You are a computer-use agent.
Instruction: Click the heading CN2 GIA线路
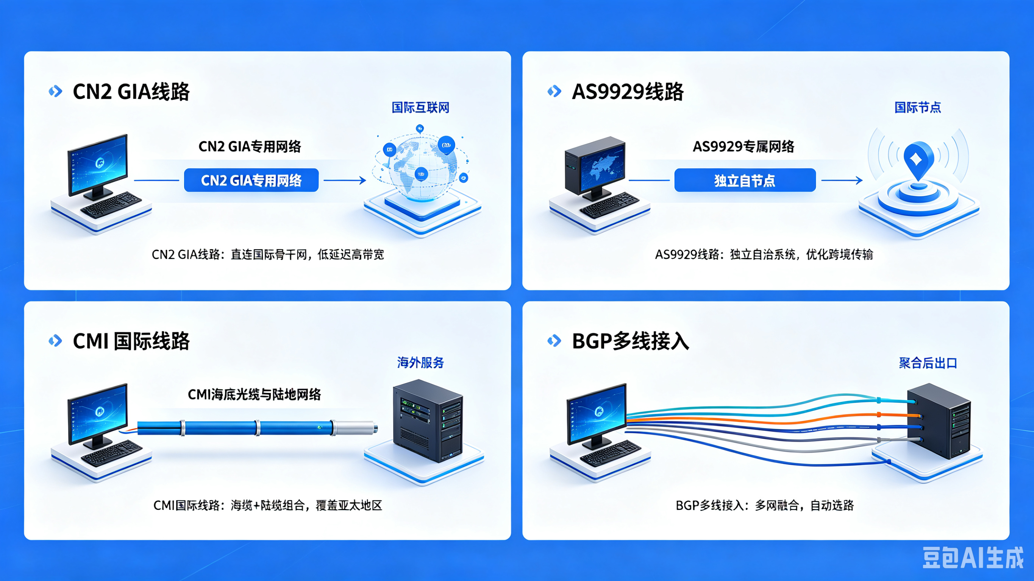pyautogui.click(x=131, y=92)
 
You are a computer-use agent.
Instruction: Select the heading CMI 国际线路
pyautogui.click(x=131, y=341)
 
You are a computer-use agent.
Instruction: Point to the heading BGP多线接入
pyautogui.click(x=630, y=341)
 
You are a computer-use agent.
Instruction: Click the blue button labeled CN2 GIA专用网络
pyautogui.click(x=251, y=180)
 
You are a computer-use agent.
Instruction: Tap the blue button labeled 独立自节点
pyautogui.click(x=745, y=180)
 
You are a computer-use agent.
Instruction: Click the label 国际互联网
pyautogui.click(x=420, y=107)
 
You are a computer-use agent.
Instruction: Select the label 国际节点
pyautogui.click(x=918, y=107)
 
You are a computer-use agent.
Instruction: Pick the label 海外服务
pyautogui.click(x=420, y=363)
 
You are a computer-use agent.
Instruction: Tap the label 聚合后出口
pyautogui.click(x=928, y=363)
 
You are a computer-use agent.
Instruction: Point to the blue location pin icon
pyautogui.click(x=918, y=160)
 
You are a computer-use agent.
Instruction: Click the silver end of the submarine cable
pyautogui.click(x=355, y=428)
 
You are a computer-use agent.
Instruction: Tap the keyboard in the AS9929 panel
pyautogui.click(x=609, y=205)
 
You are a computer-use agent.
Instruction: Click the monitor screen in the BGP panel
pyautogui.click(x=597, y=413)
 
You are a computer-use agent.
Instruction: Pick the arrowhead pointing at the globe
pyautogui.click(x=363, y=180)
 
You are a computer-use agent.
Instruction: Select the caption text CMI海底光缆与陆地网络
pyautogui.click(x=255, y=394)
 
